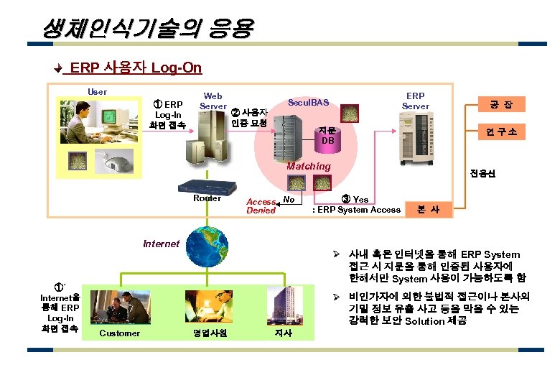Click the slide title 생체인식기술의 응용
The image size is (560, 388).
point(147,28)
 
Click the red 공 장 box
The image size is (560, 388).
point(496,105)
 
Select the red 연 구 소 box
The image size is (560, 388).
point(496,132)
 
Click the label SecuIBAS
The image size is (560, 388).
point(309,103)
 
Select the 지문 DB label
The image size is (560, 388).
point(327,136)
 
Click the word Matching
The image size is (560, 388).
point(309,167)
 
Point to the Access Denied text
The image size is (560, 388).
point(261,206)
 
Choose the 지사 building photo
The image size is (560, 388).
point(284,305)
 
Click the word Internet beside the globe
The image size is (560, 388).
point(161,244)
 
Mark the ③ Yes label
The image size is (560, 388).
point(355,199)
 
